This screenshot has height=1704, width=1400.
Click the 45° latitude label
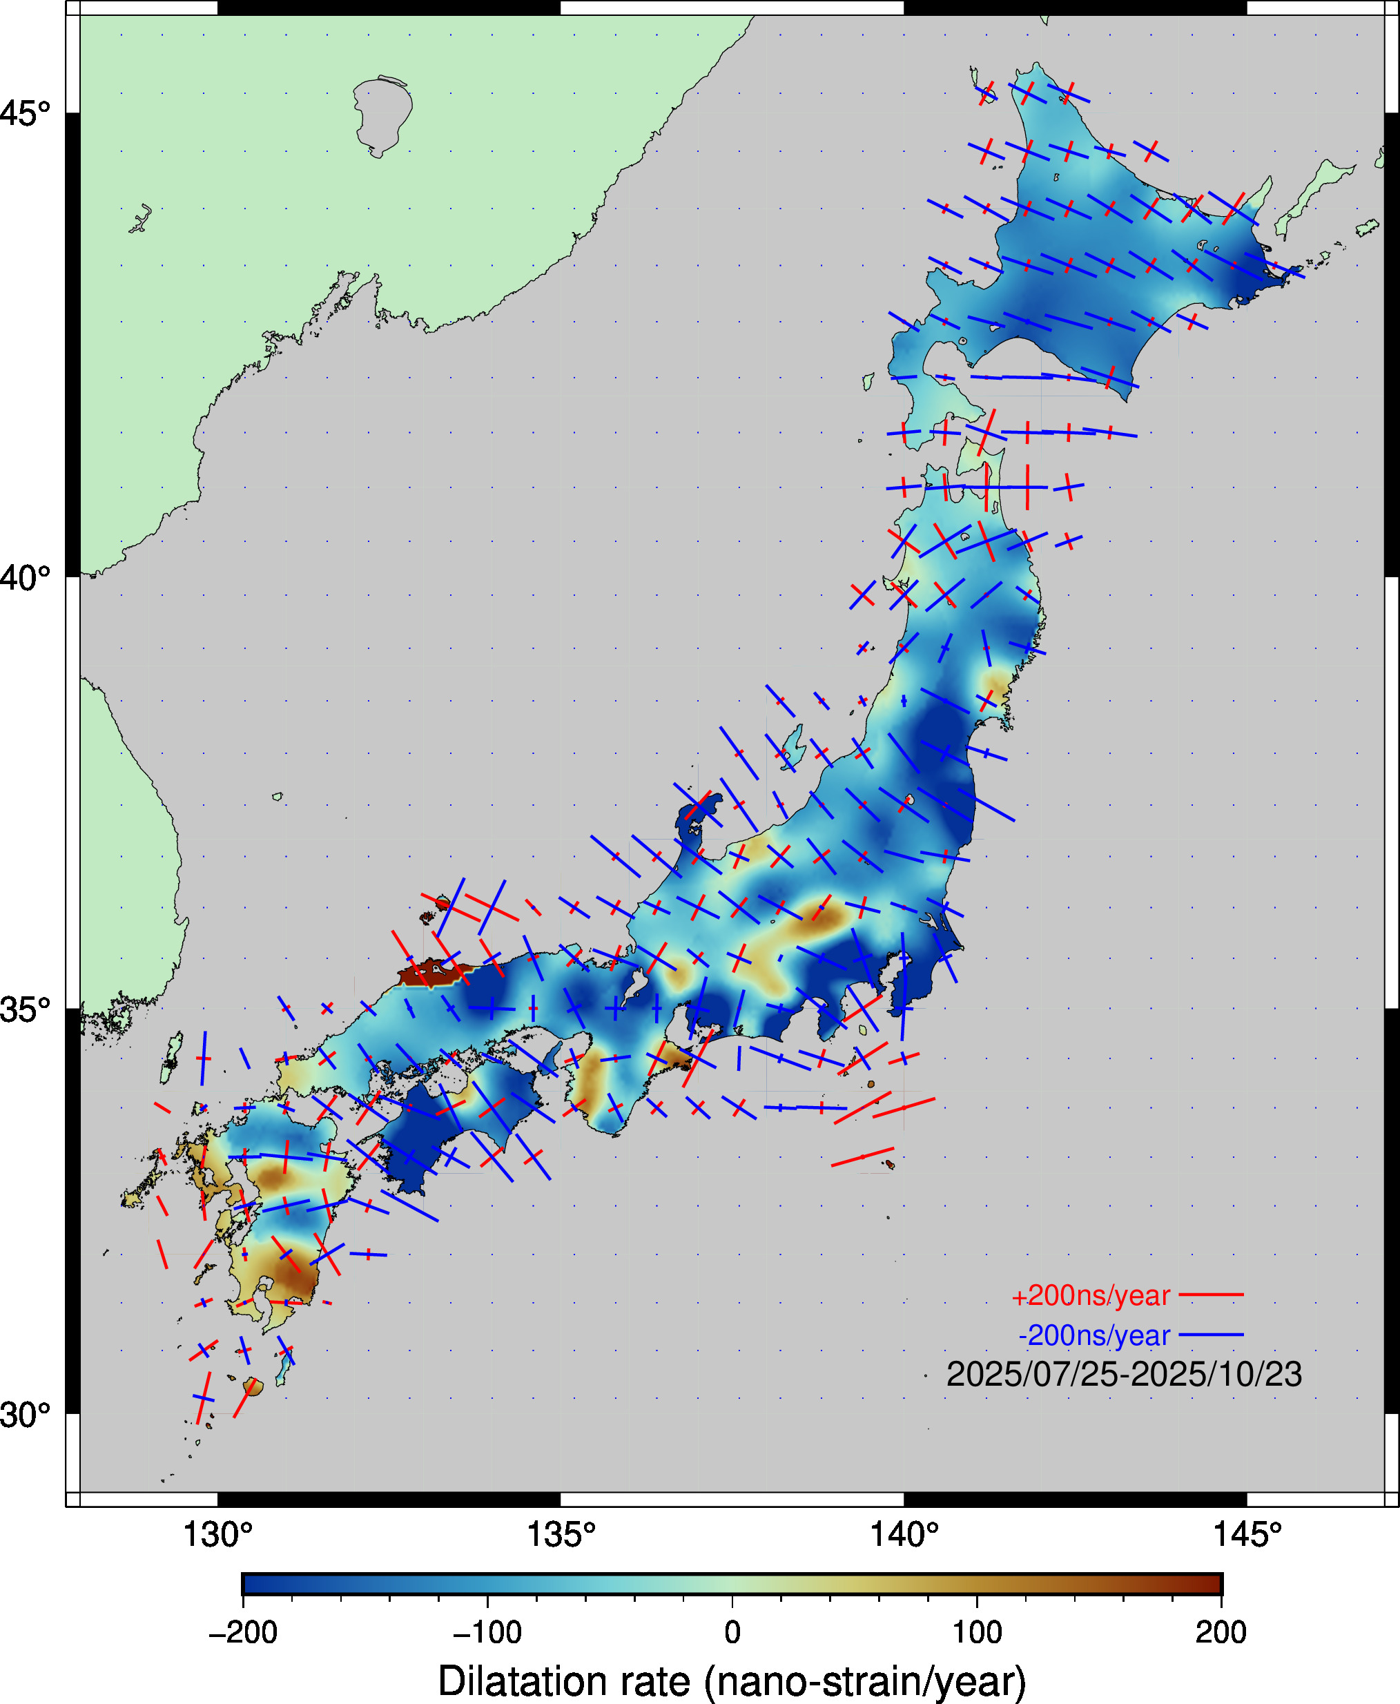24,114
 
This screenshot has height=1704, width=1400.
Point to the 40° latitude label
24,577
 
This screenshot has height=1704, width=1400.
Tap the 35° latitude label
24,1009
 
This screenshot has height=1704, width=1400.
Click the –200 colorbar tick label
243,1632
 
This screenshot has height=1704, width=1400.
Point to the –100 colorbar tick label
487,1632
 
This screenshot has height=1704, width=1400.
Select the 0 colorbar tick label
732,1632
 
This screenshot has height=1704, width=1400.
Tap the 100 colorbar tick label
977,1632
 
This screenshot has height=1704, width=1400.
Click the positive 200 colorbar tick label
1221,1632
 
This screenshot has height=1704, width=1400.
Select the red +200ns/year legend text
1090,1296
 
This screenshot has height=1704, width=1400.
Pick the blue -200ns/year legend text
1093,1335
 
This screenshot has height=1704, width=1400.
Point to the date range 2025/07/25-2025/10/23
1123,1375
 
